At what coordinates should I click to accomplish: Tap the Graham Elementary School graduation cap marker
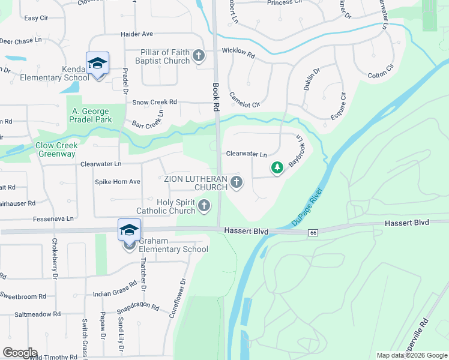pyautogui.click(x=130, y=230)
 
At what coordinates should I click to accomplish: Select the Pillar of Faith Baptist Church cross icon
pyautogui.click(x=199, y=57)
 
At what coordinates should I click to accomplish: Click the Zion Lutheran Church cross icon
pyautogui.click(x=236, y=183)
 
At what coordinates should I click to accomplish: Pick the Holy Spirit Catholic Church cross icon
pyautogui.click(x=204, y=206)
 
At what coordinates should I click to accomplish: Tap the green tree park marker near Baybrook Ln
pyautogui.click(x=277, y=167)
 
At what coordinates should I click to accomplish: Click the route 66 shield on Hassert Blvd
pyautogui.click(x=313, y=232)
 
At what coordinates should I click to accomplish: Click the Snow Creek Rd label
pyautogui.click(x=155, y=103)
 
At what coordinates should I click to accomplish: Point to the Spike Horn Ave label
pyautogui.click(x=118, y=181)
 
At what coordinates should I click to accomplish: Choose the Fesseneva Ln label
pyautogui.click(x=53, y=218)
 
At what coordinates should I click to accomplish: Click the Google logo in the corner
pyautogui.click(x=20, y=353)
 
